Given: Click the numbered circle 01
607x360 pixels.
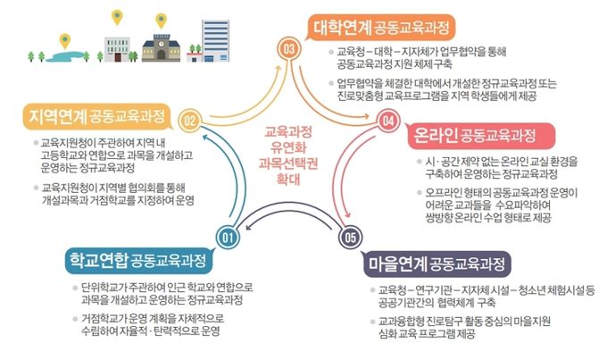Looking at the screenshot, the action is point(228,237).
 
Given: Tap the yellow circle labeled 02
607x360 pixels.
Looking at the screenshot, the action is point(190,121).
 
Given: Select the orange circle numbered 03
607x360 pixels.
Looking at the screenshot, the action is point(289,49).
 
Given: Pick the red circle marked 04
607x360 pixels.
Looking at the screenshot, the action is point(388,121).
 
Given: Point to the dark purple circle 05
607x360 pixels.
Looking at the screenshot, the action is point(350,237).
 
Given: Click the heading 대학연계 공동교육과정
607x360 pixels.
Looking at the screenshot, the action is point(381,28).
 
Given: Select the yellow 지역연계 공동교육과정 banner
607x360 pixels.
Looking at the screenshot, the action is point(96,116).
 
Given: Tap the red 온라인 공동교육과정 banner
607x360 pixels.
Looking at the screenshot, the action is point(480,136).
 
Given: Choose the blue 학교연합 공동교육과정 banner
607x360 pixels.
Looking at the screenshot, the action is point(138,260).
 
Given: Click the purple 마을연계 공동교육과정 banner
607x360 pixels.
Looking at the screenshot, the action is point(436,264).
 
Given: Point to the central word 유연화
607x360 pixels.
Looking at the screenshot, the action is point(288,147).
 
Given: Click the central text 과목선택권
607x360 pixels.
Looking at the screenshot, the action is point(288,163).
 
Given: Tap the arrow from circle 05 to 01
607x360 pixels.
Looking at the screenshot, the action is point(289,208).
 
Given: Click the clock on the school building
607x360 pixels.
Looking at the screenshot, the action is point(161,44).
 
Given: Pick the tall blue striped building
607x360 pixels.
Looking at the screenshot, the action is point(216,41).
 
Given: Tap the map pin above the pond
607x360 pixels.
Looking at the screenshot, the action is point(65,41).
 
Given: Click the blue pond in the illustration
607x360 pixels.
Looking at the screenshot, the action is point(68,56).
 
